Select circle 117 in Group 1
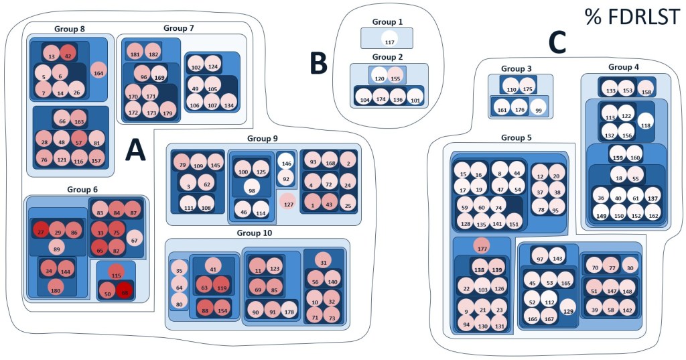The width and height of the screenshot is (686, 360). pos(389,42)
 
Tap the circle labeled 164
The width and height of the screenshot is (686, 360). pos(98,72)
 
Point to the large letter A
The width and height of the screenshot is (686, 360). pos(135,152)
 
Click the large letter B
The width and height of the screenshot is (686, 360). pos(319,62)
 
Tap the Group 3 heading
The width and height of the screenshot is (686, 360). pos(516,68)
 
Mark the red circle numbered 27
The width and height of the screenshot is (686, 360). pos(40,231)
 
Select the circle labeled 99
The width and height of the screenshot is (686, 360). pos(539,110)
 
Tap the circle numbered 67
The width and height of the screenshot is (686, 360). pos(134,240)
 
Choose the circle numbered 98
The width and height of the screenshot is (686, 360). pos(252,190)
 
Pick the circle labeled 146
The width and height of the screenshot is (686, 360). pos(285,162)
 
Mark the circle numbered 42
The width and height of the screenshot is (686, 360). pos(68,56)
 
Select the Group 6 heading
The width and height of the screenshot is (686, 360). pos(82,189)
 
